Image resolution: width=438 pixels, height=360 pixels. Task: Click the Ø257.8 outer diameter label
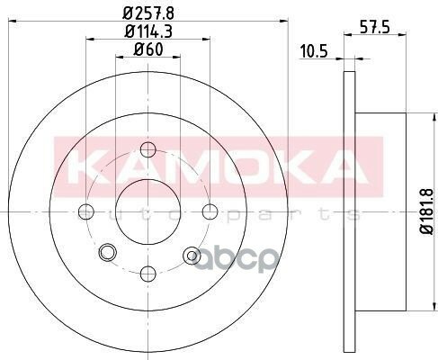[148, 13]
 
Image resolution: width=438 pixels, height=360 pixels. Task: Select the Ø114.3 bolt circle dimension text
[148, 31]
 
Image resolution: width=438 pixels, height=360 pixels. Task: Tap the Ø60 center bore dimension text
[148, 49]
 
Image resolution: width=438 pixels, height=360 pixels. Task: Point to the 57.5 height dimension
[375, 28]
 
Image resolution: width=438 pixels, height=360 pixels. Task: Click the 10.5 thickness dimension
[314, 51]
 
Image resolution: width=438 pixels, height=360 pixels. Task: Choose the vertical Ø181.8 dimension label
[426, 211]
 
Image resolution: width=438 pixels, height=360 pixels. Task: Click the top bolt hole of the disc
[148, 149]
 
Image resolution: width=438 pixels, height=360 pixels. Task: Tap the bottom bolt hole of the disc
[148, 274]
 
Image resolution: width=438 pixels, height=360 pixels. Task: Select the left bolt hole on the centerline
[86, 211]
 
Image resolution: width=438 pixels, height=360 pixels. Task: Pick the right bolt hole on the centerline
[210, 211]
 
